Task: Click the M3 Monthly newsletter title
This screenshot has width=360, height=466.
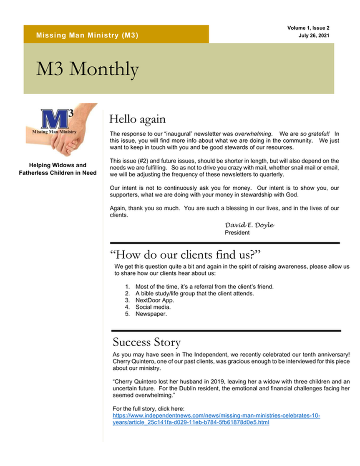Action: (87, 69)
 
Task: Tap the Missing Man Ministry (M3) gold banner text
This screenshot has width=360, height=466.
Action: (87, 35)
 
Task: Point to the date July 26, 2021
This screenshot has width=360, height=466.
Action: (314, 35)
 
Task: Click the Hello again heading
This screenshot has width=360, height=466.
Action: (137, 119)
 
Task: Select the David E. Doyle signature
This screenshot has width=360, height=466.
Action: (249, 225)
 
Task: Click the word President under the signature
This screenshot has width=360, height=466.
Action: (237, 233)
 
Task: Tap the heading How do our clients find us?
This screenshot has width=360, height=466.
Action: (185, 254)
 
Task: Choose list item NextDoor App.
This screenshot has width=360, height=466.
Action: (155, 300)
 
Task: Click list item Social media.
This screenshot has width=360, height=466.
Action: (153, 307)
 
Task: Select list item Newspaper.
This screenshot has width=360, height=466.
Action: (151, 314)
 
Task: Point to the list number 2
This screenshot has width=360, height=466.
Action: (127, 294)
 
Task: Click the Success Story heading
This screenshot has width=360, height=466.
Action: (146, 343)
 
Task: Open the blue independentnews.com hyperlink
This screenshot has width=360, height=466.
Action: (216, 416)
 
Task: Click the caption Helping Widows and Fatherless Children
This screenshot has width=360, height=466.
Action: (58, 169)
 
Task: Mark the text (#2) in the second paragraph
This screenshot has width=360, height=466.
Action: (149, 161)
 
